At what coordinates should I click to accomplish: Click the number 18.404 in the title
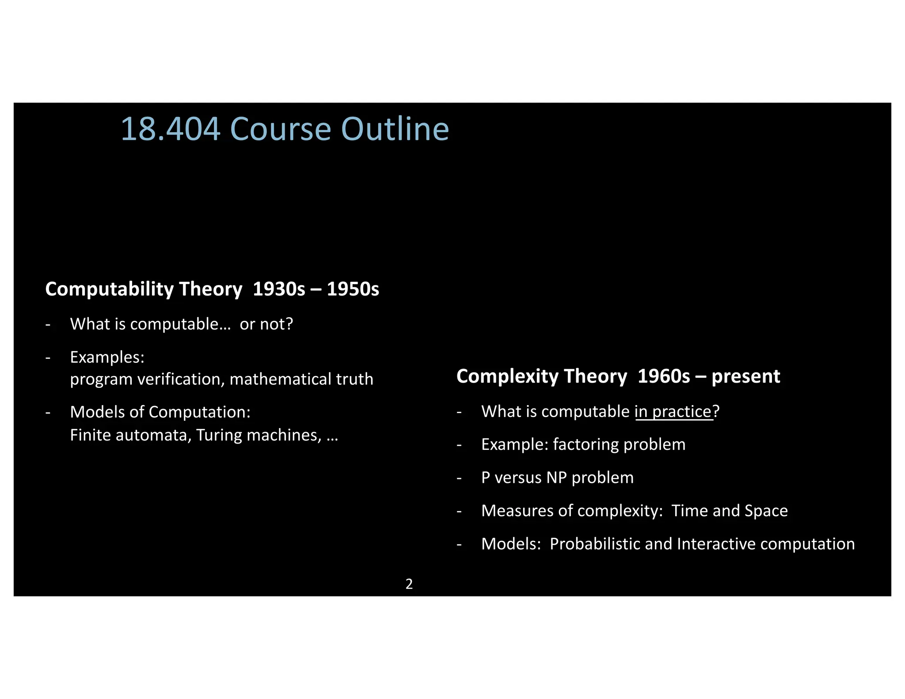pyautogui.click(x=171, y=129)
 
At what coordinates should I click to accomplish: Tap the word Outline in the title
pyautogui.click(x=395, y=129)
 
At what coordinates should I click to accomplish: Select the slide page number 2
pyautogui.click(x=409, y=584)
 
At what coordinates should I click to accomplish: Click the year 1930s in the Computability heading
pyautogui.click(x=279, y=289)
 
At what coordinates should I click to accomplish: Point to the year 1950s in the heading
pyautogui.click(x=353, y=289)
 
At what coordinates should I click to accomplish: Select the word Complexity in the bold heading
pyautogui.click(x=508, y=376)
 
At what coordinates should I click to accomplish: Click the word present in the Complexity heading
pyautogui.click(x=746, y=376)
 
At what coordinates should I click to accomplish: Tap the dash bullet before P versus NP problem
pyautogui.click(x=459, y=478)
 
